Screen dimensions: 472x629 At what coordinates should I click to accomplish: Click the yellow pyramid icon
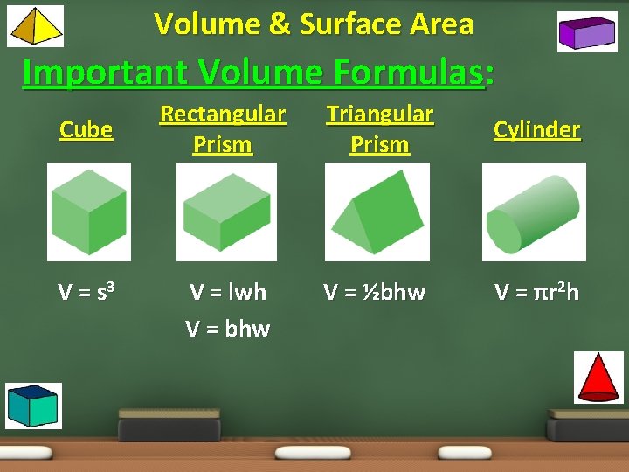tap(35, 25)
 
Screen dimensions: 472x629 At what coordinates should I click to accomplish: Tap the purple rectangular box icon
tap(587, 31)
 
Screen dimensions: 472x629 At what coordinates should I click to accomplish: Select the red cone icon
tap(598, 377)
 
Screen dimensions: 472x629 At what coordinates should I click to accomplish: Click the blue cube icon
tap(33, 406)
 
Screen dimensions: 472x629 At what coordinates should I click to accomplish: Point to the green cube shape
tap(88, 212)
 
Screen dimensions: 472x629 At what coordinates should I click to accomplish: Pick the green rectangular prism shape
tap(226, 212)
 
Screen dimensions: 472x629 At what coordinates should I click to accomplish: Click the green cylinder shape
tap(533, 212)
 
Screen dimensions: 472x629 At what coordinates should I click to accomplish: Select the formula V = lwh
tap(228, 292)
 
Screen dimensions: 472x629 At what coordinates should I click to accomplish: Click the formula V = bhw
tap(228, 329)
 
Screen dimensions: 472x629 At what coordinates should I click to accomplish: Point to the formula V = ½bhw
tap(375, 292)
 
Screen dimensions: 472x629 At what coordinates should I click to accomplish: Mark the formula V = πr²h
tap(536, 292)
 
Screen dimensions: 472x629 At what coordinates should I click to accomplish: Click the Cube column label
tap(86, 130)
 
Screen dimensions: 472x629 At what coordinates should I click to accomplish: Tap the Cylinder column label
tap(536, 130)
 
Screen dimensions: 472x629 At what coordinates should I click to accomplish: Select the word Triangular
tap(379, 115)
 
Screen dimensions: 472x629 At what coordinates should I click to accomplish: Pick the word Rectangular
tap(223, 115)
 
